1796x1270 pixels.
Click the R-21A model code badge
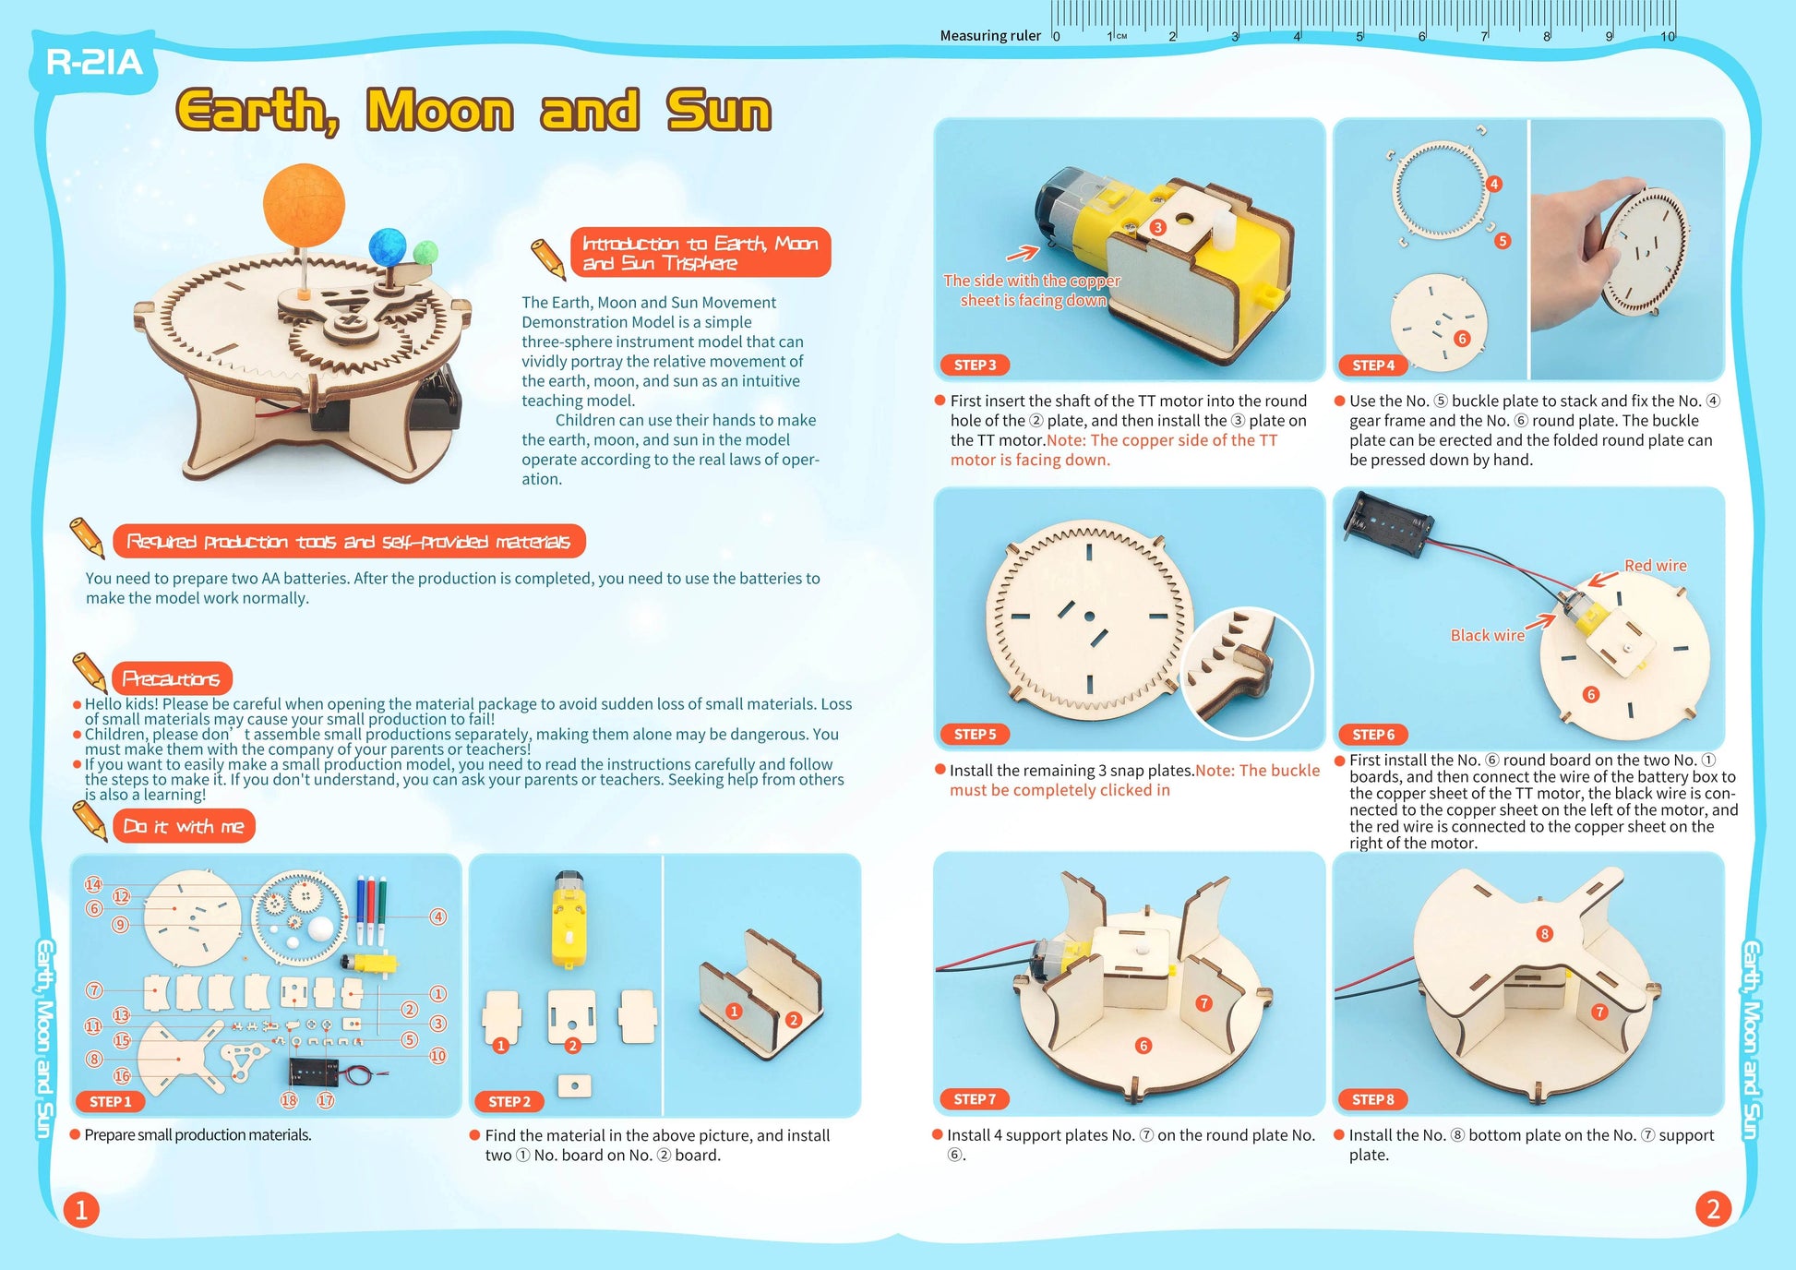coord(94,63)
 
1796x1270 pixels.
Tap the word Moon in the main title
coord(439,111)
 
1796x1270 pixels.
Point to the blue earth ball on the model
coord(388,247)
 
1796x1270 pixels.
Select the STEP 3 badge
coord(975,365)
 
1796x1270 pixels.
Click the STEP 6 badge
coord(1373,735)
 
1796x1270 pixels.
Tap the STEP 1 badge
coord(111,1101)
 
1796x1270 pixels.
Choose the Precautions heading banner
coord(172,679)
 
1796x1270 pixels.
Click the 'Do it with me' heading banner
coord(183,826)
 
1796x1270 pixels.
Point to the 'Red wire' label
coord(1655,566)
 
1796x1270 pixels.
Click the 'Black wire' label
coord(1487,636)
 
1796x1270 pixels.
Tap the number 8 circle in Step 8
coord(1544,934)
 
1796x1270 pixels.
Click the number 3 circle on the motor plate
coord(1157,227)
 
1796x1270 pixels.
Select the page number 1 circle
coord(81,1209)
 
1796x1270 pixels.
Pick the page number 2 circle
coord(1713,1209)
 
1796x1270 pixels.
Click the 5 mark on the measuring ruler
coord(1359,36)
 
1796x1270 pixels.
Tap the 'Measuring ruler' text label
coord(990,36)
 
